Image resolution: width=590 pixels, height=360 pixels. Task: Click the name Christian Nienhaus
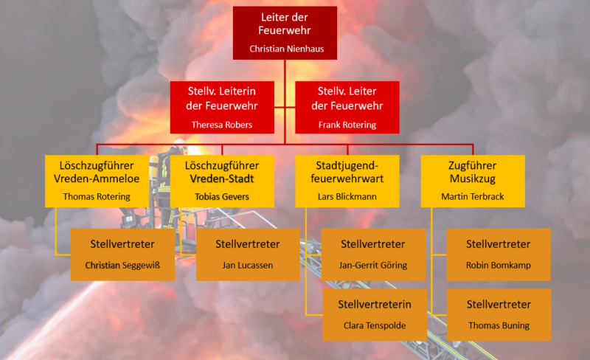pos(286,49)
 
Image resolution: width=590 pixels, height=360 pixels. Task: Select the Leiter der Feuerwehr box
pos(285,32)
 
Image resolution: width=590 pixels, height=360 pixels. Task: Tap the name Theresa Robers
pos(222,125)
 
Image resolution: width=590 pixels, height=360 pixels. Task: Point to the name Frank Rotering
pos(347,125)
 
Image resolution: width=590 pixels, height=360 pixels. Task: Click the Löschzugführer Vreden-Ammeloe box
pos(97,181)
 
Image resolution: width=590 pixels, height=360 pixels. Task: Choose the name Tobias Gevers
pos(222,196)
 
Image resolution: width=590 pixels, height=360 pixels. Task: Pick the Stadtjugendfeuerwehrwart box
pos(347,181)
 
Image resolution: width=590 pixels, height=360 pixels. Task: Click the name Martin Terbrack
pos(472,196)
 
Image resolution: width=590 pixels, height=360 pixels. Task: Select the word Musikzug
pos(472,179)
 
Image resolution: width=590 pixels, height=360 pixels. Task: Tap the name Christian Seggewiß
pos(122,265)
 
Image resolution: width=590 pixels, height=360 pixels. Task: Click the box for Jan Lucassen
pos(248,255)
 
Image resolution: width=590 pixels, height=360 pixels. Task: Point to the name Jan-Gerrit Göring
pos(373,265)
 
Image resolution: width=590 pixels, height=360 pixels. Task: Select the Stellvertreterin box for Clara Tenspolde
pos(375,315)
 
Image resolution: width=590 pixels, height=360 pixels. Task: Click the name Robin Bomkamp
pos(499,265)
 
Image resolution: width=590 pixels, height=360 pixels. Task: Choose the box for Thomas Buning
pos(499,315)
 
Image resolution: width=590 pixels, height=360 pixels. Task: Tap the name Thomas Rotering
pos(97,196)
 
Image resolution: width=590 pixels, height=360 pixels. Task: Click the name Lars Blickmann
pos(347,196)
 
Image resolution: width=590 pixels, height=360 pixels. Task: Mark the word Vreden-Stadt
pos(222,179)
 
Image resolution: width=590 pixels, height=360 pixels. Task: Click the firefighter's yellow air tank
pos(153,167)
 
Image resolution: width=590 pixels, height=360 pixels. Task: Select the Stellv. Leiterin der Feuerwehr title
pos(222,98)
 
